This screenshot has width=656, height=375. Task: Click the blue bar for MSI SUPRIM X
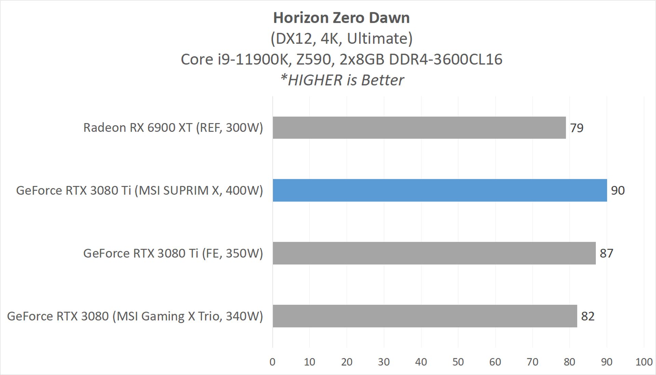(440, 190)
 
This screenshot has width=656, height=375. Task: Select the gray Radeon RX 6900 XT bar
(419, 128)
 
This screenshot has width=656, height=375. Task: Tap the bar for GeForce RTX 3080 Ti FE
(434, 253)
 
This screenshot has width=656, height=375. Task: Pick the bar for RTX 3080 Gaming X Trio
(425, 316)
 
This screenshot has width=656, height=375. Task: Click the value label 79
(577, 128)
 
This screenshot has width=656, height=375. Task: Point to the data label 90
(618, 190)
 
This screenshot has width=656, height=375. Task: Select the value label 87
(606, 253)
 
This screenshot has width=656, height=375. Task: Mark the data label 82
(588, 316)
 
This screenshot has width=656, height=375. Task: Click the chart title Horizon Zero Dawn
(341, 18)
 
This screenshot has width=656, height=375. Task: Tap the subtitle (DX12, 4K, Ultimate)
(341, 39)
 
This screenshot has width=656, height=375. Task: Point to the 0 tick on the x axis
(272, 362)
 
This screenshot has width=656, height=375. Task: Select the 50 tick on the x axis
(458, 362)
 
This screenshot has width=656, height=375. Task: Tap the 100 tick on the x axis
(644, 362)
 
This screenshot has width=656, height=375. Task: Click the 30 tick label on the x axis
(384, 362)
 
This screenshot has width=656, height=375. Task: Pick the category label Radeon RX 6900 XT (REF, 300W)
(173, 128)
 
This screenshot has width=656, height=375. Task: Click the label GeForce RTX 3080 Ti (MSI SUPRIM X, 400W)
(139, 190)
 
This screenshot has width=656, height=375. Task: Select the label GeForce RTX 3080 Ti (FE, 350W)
(173, 253)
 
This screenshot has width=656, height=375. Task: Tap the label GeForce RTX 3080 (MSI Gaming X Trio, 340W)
(135, 316)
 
